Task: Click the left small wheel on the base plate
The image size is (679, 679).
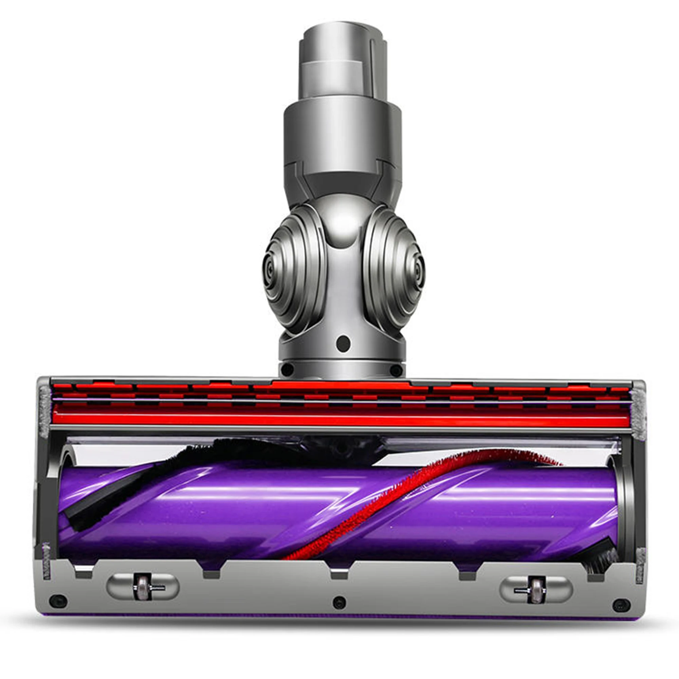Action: (142, 587)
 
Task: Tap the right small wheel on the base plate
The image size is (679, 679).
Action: (536, 589)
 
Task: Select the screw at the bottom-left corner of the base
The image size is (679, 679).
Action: (58, 601)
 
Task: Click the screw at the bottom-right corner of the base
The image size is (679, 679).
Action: (621, 605)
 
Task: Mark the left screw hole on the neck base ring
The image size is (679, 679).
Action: (287, 369)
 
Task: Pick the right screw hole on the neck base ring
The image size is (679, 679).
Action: (396, 370)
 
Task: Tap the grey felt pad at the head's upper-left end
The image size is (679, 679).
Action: (44, 411)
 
